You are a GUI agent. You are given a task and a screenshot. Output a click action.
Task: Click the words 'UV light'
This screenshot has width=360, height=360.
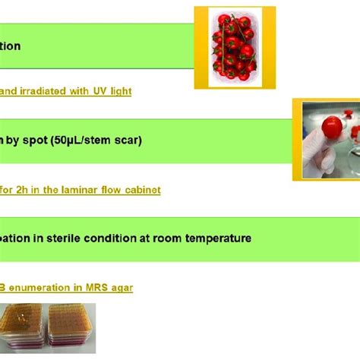tap(112, 91)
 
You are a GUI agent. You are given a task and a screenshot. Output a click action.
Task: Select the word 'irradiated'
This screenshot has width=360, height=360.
tap(52, 91)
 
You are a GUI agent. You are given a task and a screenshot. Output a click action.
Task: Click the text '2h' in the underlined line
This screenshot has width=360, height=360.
tap(30, 190)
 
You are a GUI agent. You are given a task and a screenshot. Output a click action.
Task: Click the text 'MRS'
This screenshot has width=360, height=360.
tap(96, 288)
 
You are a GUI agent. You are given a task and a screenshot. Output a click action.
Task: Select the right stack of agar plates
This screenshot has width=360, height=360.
tap(73, 328)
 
